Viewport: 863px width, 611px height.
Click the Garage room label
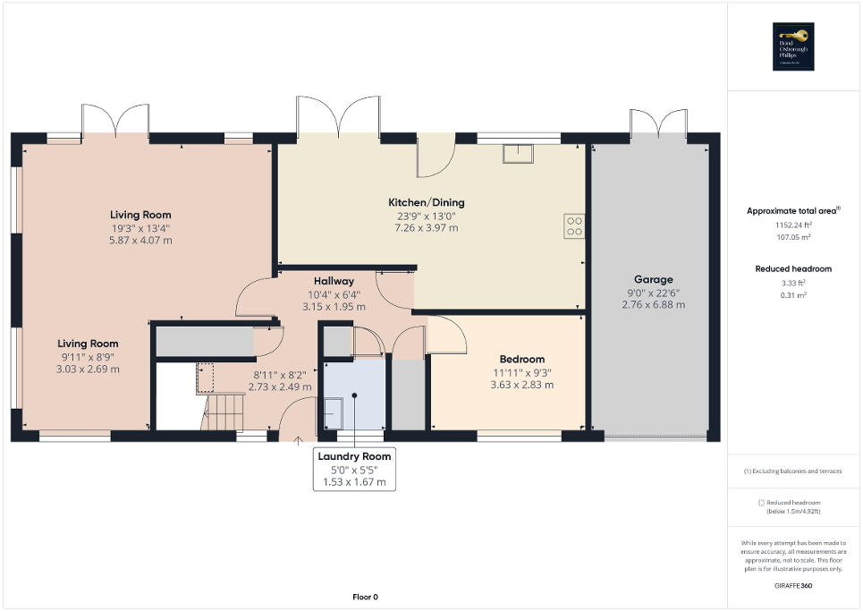653,279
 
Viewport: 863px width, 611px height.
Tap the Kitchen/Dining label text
426,202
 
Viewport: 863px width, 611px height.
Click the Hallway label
334,281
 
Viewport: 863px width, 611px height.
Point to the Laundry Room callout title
354,456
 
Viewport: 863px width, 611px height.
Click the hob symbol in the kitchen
573,226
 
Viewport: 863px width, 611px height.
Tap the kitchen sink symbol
518,153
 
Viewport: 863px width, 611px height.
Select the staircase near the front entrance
224,412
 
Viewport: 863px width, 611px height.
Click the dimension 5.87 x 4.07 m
140,241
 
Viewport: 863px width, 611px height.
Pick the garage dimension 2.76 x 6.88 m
653,305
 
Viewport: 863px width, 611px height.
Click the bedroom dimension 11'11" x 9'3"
521,372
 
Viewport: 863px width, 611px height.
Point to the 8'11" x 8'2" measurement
280,375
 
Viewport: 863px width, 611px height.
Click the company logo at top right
794,46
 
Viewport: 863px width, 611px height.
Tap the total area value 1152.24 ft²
793,226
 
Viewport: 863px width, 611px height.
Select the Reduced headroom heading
793,268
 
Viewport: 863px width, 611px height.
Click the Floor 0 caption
364,597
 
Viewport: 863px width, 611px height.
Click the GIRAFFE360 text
794,584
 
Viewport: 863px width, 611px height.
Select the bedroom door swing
446,335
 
